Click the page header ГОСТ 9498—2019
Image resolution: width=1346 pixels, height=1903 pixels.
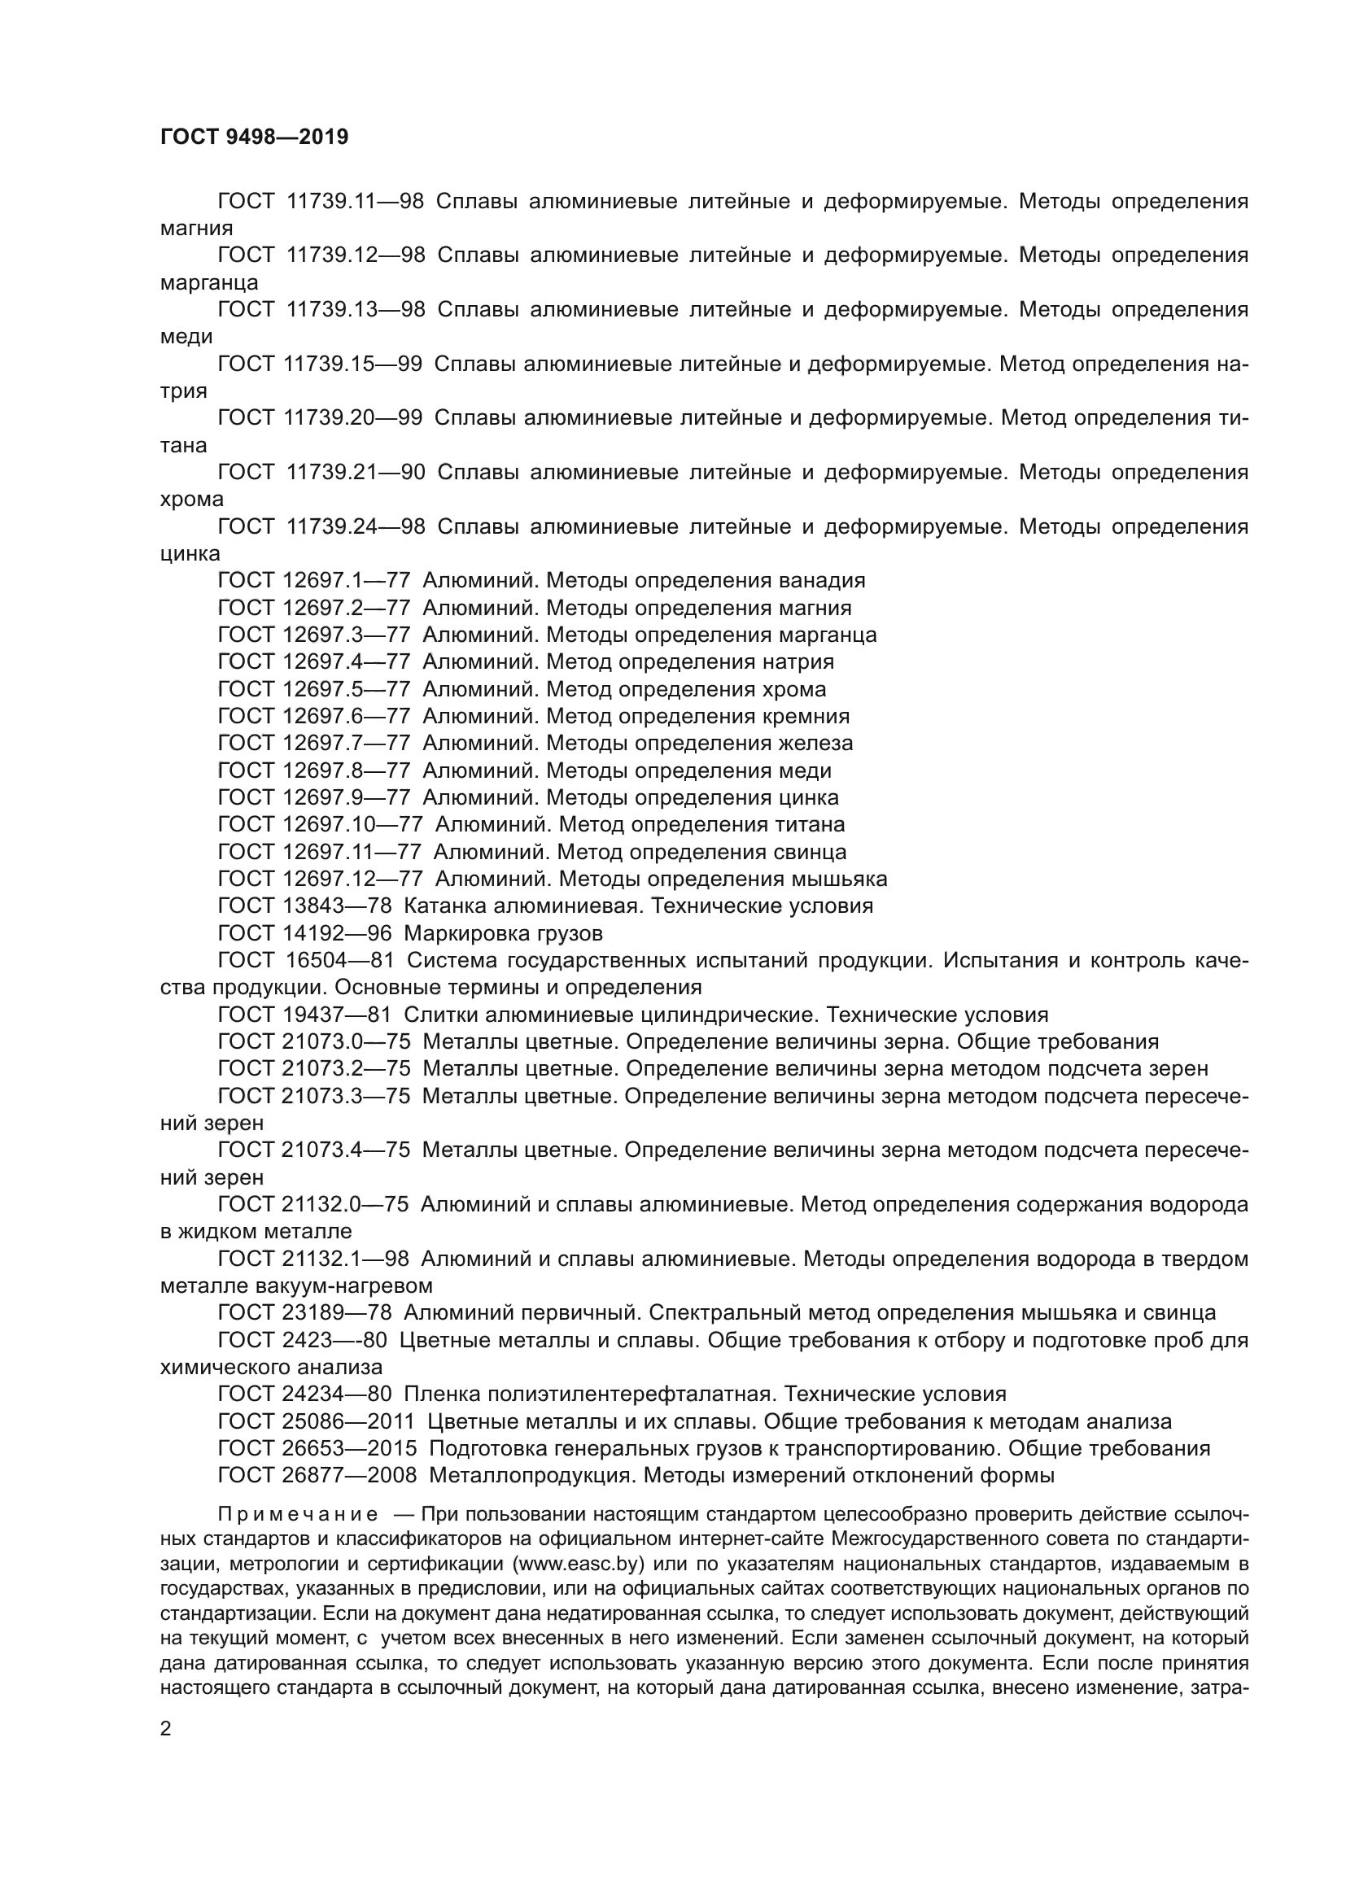[254, 137]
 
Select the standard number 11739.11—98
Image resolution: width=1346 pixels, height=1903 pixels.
[355, 202]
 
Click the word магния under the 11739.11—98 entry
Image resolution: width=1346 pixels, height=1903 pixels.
[196, 228]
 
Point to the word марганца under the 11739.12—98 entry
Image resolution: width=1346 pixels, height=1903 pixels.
[209, 282]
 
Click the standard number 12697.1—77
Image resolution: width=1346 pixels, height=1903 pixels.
[347, 580]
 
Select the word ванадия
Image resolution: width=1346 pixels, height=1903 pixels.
[823, 580]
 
